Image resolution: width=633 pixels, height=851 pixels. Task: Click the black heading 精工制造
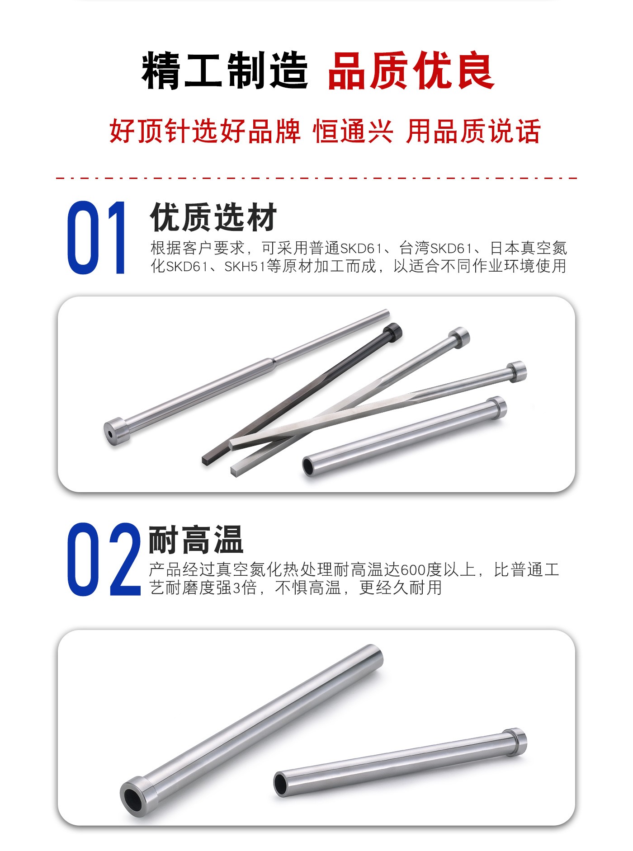tap(225, 71)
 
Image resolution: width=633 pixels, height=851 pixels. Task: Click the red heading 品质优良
tap(411, 71)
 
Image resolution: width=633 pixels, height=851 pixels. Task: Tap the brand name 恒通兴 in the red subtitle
tap(353, 132)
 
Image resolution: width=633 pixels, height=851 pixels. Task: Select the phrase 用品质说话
tap(473, 132)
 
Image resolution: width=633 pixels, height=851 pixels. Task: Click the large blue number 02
tap(104, 559)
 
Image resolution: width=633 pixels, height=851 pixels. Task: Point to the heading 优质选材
tap(213, 217)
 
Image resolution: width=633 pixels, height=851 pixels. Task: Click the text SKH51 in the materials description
tap(245, 267)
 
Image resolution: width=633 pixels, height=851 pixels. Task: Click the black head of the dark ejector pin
tap(392, 332)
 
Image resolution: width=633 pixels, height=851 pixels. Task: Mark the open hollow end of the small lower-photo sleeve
tap(282, 784)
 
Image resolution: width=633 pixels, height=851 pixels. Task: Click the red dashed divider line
tap(316, 178)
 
